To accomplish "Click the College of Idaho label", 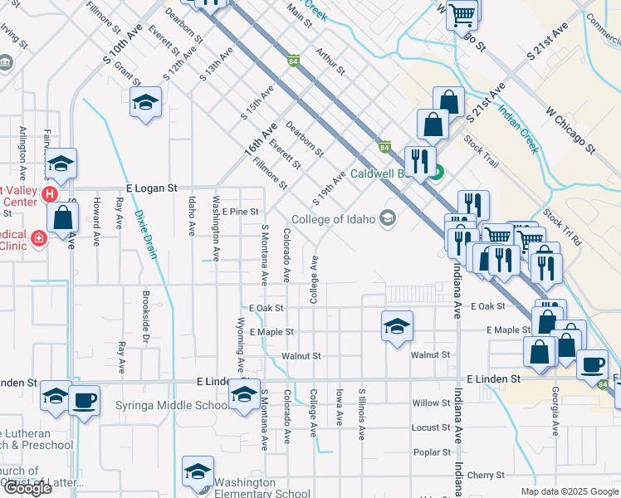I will click(329, 219).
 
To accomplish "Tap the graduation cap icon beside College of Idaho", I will click(386, 218).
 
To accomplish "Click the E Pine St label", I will click(240, 212).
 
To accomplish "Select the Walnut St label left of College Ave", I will click(301, 355).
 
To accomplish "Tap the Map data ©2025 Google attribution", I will click(569, 491).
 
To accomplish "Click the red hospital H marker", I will click(48, 195).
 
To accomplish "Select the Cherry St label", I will click(487, 476).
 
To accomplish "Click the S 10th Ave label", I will click(118, 50).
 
